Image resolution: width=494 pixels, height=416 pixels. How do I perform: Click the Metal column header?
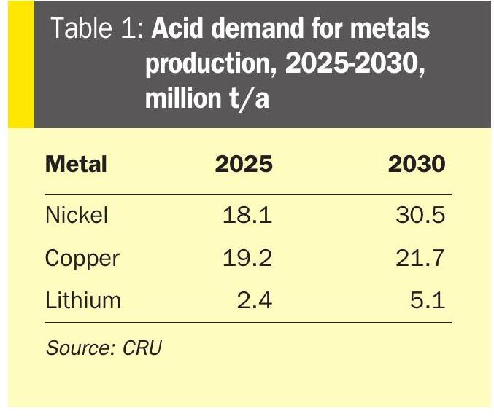tap(76, 164)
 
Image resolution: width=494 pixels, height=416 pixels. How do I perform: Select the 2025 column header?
tap(243, 164)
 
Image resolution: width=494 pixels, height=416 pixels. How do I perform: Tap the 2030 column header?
tap(416, 164)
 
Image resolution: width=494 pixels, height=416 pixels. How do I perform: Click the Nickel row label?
tap(77, 215)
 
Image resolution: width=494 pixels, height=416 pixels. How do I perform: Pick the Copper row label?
tap(82, 258)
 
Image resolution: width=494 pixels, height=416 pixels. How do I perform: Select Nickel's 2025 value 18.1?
tap(247, 215)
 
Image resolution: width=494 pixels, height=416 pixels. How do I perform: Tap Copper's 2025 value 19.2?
tap(247, 258)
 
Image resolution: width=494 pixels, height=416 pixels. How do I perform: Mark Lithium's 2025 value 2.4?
tap(255, 300)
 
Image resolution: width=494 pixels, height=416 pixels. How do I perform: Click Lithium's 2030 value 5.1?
tap(427, 300)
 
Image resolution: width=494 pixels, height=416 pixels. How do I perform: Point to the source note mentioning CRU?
tap(103, 348)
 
